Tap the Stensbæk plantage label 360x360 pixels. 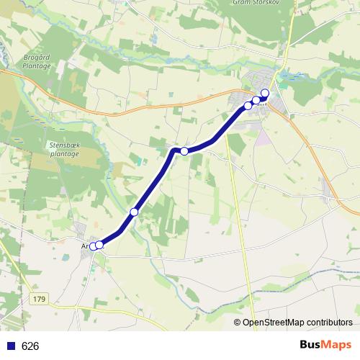pos(64,149)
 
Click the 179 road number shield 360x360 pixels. pos(39,298)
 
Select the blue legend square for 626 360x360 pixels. pos(9,346)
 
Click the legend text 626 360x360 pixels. pos(30,346)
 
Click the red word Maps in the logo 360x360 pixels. pos(337,345)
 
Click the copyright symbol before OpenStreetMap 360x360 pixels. pos(238,323)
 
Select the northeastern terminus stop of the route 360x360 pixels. pos(264,92)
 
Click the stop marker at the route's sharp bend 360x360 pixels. pos(184,150)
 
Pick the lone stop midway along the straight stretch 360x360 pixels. pos(134,212)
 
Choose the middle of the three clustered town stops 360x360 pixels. pos(256,100)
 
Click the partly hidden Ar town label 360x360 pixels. pos(85,245)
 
